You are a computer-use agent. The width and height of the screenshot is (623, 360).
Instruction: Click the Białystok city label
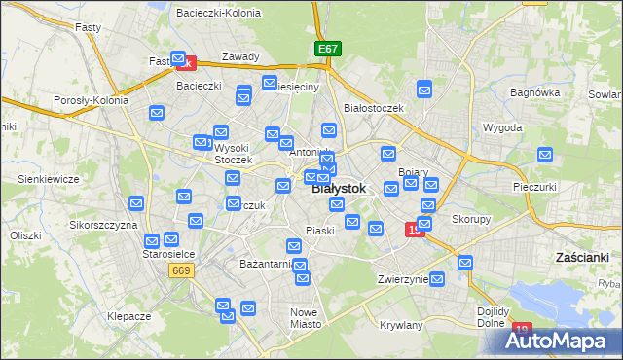(x=339, y=189)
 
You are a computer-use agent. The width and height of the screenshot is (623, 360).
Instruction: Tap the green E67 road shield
(x=328, y=48)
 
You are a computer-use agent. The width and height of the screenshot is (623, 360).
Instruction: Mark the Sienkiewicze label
(x=49, y=179)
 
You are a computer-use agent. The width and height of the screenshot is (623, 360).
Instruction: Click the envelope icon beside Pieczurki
(x=545, y=156)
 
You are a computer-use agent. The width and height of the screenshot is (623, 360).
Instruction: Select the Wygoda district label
(x=502, y=127)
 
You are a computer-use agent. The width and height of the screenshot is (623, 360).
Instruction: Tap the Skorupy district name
(x=470, y=220)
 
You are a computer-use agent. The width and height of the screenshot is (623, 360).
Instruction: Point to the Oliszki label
(x=26, y=235)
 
